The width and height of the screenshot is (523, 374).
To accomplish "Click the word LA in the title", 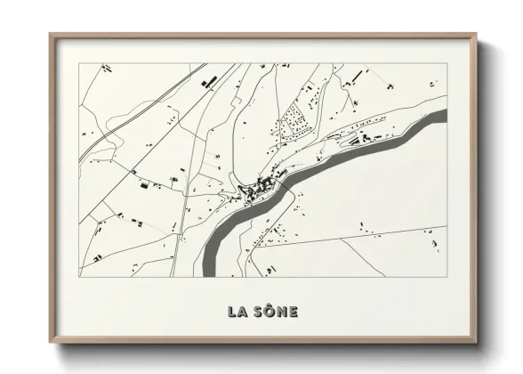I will click(x=237, y=312).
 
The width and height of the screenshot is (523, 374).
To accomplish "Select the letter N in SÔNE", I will click(x=281, y=312).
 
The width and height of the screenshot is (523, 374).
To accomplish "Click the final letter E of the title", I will click(x=294, y=312).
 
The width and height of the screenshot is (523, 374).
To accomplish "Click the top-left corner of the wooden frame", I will click(x=50, y=35).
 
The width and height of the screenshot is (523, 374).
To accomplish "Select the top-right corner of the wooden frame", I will click(x=477, y=35).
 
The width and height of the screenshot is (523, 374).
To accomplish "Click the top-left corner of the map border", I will click(x=79, y=64).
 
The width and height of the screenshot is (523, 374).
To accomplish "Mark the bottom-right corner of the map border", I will click(x=446, y=276).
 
